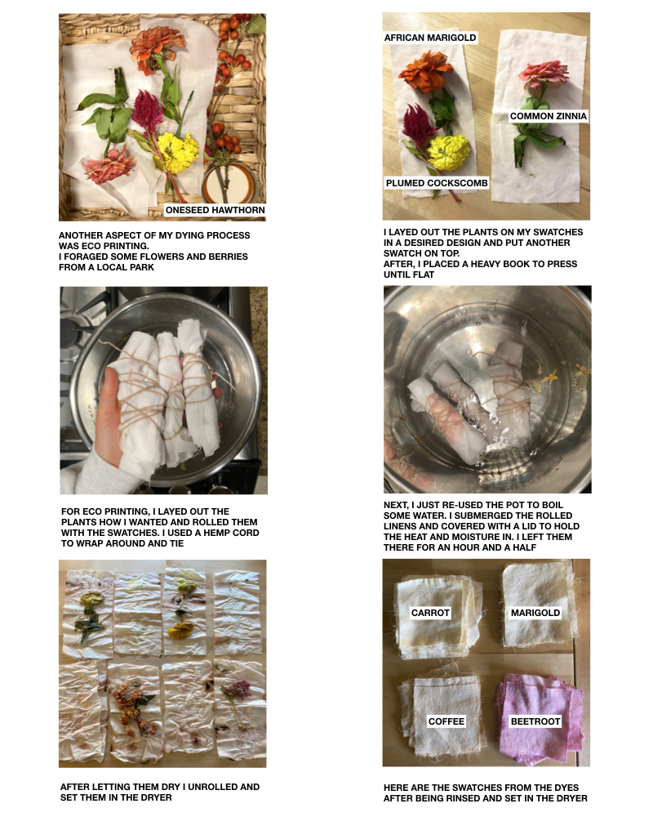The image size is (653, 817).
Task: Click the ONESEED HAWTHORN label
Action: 215,210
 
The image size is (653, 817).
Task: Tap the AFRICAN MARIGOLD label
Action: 430,38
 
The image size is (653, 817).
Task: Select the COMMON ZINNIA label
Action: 549,116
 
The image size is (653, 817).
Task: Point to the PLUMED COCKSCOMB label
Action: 437,183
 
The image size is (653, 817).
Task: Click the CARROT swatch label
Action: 430,613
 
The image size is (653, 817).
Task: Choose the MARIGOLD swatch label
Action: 535,613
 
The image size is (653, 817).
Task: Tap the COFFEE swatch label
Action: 446,721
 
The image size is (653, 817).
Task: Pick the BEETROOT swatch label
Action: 535,721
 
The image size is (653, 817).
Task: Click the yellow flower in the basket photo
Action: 178,152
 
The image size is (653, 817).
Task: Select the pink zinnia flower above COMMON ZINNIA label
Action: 544,74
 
